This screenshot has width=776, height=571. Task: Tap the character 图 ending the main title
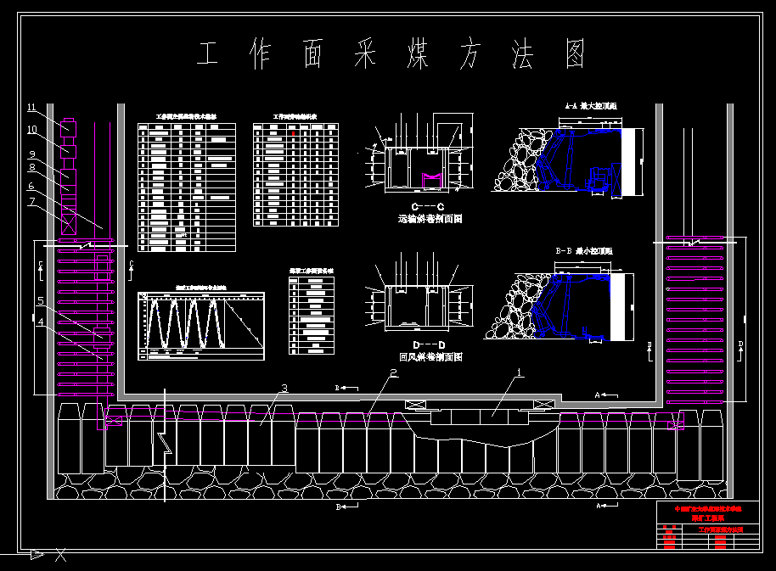(x=573, y=54)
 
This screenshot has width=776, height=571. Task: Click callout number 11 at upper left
(x=31, y=108)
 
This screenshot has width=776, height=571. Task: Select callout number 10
(x=31, y=130)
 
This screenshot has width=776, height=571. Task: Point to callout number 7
(x=31, y=201)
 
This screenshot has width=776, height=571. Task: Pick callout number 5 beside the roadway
(x=40, y=300)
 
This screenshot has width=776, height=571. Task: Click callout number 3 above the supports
(x=284, y=389)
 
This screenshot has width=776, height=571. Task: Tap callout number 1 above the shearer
(x=520, y=372)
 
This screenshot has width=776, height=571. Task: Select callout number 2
(x=393, y=372)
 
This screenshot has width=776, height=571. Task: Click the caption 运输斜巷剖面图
(x=430, y=219)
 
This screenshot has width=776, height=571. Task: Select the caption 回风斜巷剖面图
(x=430, y=357)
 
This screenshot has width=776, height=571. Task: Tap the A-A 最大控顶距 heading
(x=591, y=107)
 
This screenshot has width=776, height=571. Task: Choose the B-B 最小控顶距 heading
(x=583, y=251)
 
